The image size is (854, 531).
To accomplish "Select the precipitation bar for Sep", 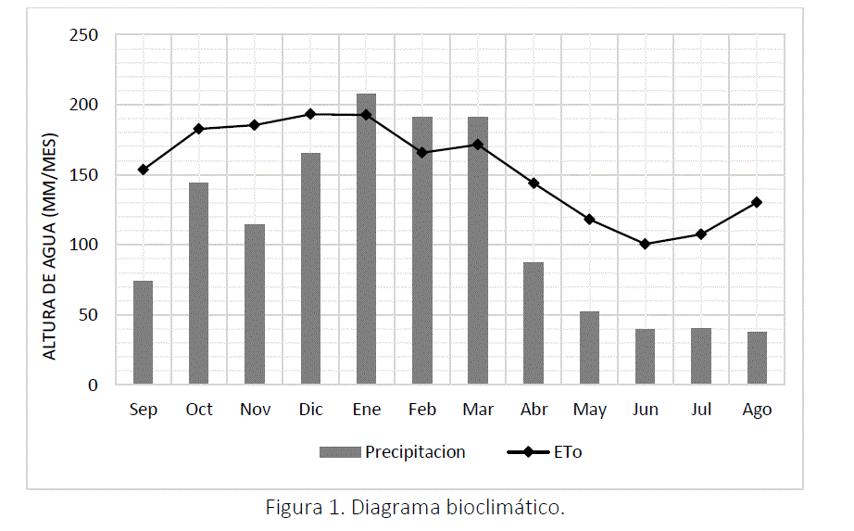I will tap(143, 333).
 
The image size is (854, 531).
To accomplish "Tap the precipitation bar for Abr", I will tap(534, 323).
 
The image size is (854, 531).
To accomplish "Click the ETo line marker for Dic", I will tap(310, 114).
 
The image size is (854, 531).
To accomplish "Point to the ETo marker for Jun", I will tap(646, 244).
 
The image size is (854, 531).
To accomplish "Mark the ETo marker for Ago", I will tap(757, 202).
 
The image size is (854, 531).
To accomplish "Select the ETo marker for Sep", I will tap(143, 170).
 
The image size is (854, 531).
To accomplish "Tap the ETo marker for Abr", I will tap(534, 183).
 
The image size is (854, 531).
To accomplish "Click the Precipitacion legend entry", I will tap(415, 452).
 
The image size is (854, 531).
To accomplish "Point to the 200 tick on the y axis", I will tap(85, 105).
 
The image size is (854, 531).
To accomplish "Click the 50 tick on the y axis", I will tap(90, 315).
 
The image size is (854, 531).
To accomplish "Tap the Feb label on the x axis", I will tap(422, 410).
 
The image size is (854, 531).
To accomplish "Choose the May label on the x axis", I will tap(589, 410).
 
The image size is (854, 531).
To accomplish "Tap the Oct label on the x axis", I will tap(199, 410).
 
